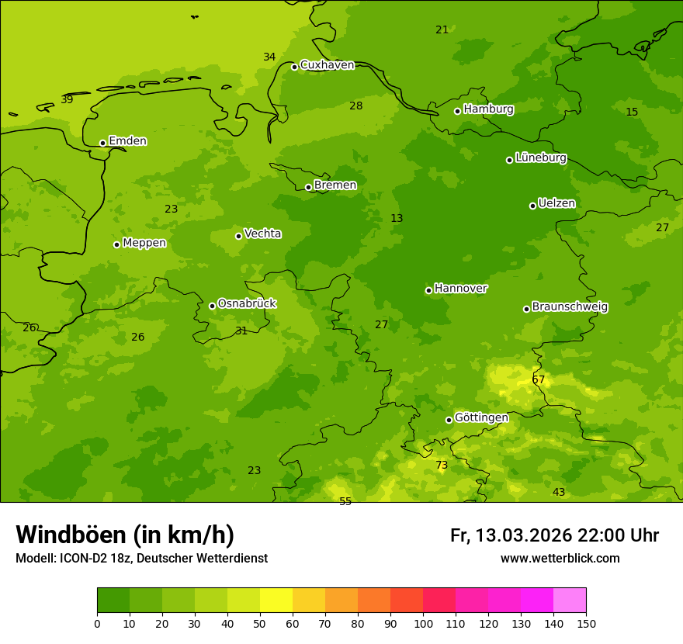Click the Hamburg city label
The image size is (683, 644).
click(x=488, y=109)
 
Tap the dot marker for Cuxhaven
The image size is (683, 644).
click(x=294, y=67)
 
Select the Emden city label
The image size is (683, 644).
click(x=127, y=141)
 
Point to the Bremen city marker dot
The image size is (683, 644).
click(x=308, y=187)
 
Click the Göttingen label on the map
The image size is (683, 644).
click(x=481, y=418)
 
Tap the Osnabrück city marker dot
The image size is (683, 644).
click(x=212, y=306)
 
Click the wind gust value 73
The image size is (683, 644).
click(x=442, y=466)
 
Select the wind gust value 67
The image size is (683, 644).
click(x=539, y=380)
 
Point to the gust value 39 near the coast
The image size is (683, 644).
click(x=67, y=100)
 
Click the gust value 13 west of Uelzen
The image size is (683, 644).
click(x=397, y=219)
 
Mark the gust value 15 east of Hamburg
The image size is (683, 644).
click(x=632, y=113)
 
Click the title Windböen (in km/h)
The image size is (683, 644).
click(x=125, y=535)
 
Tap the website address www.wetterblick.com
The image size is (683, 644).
click(x=560, y=559)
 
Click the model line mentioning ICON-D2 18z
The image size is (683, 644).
click(x=141, y=559)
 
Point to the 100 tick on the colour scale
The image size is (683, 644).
click(x=423, y=623)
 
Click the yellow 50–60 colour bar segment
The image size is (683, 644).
click(x=276, y=601)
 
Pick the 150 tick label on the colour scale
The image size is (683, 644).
click(x=586, y=623)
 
